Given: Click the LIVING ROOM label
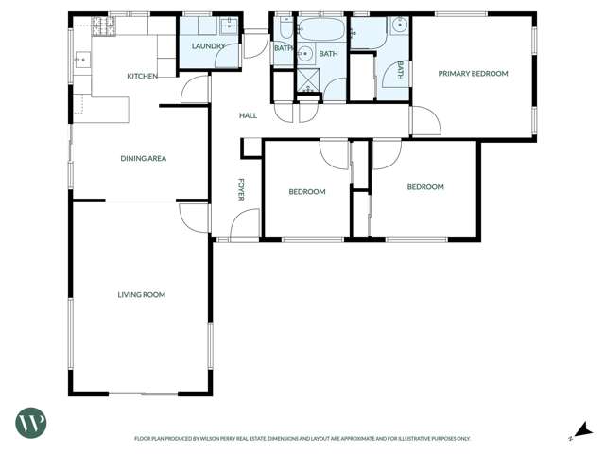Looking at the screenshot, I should (141, 295).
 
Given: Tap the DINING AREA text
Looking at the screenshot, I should (143, 159).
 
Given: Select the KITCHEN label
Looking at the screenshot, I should (142, 76).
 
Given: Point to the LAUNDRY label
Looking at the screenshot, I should (208, 46).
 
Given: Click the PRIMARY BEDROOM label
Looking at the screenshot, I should (473, 74).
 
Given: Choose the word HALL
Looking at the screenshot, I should (248, 115).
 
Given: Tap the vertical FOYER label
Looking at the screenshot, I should (241, 189).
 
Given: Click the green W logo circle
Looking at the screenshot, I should (30, 422).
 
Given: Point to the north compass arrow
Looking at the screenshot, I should (584, 430).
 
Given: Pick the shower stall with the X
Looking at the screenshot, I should (309, 80).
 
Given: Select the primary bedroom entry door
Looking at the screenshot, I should (424, 121).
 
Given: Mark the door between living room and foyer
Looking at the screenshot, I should (195, 218).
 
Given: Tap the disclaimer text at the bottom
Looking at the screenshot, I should (302, 439).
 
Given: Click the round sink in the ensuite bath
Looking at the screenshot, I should (399, 26).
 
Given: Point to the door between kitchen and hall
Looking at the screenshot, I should (196, 90).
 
